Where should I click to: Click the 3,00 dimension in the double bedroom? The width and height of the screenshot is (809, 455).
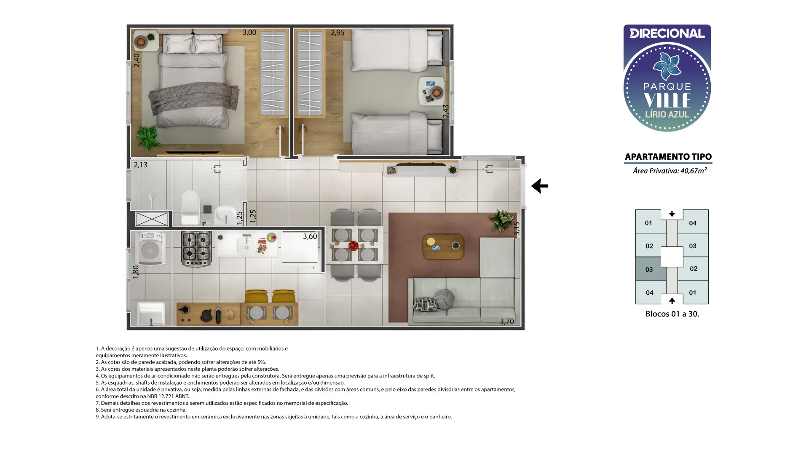point(249,32)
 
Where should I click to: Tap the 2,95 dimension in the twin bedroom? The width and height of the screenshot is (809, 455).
point(338,32)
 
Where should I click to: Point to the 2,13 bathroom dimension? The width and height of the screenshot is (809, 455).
point(141,165)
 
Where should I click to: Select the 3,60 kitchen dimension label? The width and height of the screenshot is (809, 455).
point(310,236)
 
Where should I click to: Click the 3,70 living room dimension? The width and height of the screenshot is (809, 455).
point(506,321)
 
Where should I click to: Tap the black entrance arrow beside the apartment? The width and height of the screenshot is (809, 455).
point(540,186)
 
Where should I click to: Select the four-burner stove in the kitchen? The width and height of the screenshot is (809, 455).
point(196,249)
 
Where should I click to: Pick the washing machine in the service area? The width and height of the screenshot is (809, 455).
point(150,249)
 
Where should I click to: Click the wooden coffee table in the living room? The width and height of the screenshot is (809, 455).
point(443,246)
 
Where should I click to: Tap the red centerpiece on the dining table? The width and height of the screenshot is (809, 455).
point(353,245)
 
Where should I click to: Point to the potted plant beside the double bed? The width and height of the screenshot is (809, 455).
point(147,137)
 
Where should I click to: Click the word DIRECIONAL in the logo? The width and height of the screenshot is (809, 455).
point(667,33)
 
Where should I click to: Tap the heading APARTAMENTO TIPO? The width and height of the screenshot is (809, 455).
point(668,157)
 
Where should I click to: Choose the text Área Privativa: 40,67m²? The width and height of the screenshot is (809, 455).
point(670,171)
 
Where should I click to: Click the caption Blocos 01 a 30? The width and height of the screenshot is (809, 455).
point(672,314)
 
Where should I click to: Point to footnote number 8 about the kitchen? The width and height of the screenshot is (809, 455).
point(141,409)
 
